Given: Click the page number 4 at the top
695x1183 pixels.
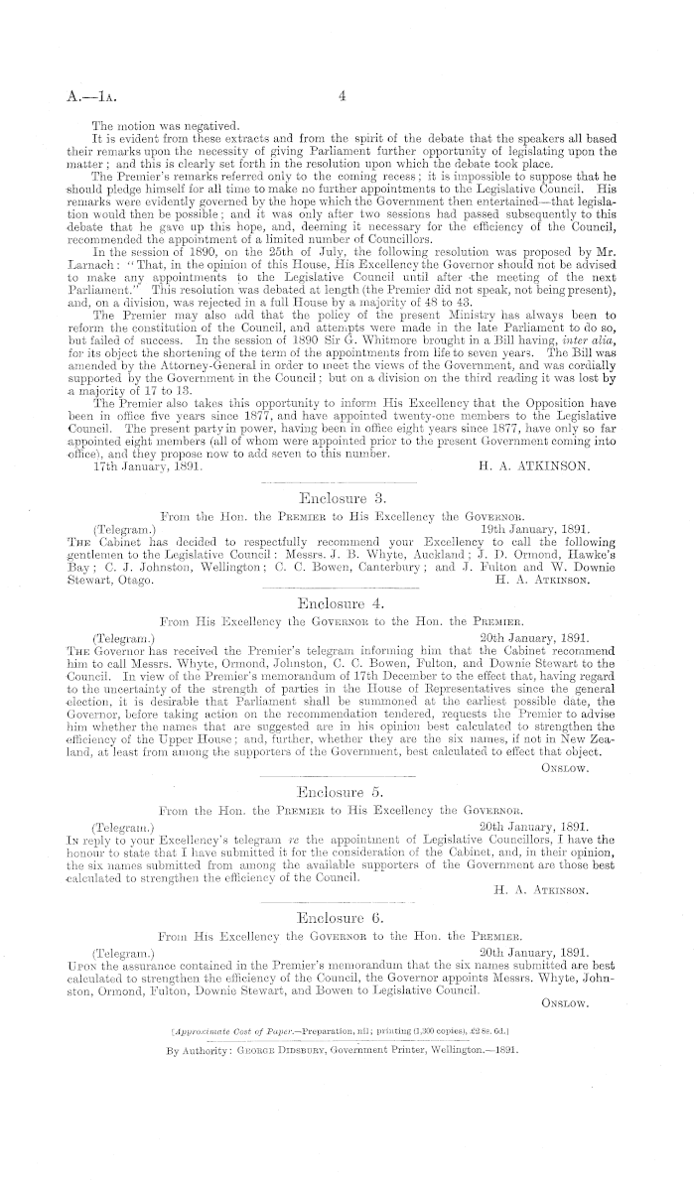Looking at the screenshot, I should (341, 97).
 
